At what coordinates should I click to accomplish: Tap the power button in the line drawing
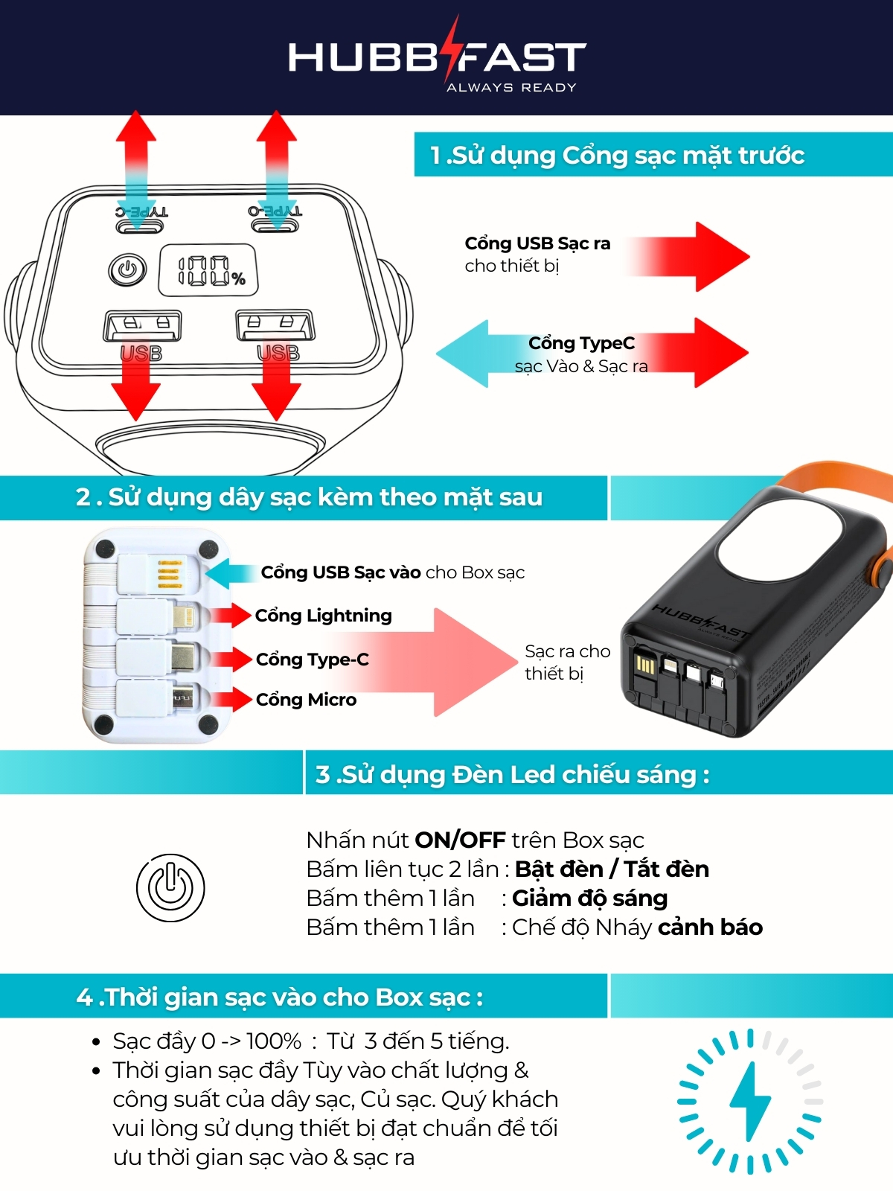(x=127, y=269)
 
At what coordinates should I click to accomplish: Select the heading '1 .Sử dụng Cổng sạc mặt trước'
(x=617, y=155)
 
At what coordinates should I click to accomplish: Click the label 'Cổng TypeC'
(x=581, y=343)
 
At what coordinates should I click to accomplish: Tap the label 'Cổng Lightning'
(x=323, y=616)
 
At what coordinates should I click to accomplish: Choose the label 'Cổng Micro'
(x=306, y=700)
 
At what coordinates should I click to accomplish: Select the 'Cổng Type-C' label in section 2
(x=312, y=660)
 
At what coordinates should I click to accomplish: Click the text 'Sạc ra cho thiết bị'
(x=566, y=662)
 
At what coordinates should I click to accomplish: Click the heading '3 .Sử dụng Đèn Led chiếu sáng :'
(x=512, y=774)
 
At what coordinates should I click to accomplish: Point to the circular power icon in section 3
(x=170, y=887)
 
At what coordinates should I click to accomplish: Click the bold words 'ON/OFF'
(x=460, y=840)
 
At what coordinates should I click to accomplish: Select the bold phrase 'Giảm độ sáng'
(x=589, y=898)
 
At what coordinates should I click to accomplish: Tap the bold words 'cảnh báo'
(x=710, y=927)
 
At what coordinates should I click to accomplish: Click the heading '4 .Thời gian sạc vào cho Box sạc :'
(x=279, y=997)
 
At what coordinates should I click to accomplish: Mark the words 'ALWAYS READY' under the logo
(x=511, y=88)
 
